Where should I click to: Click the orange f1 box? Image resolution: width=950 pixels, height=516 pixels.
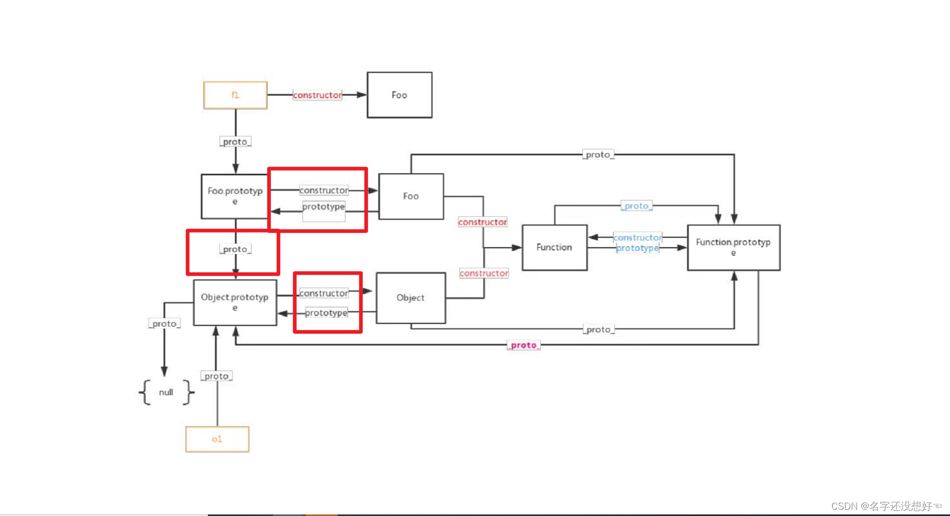tap(235, 95)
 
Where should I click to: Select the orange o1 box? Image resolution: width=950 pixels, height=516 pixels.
tap(217, 439)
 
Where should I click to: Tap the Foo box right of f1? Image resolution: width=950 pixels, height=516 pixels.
tap(399, 95)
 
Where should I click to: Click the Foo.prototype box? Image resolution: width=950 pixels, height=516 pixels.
tap(235, 196)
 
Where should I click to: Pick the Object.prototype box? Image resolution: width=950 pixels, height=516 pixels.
tap(235, 302)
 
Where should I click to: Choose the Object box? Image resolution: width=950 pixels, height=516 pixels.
tap(411, 298)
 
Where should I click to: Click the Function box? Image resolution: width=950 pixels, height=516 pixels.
tap(554, 247)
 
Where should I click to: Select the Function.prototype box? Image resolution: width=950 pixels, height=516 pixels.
tap(733, 247)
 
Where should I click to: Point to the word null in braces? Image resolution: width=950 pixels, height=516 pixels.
tap(166, 392)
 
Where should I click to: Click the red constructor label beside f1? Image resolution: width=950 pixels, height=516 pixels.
tap(317, 95)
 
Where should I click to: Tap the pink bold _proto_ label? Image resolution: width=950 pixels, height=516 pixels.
tap(524, 345)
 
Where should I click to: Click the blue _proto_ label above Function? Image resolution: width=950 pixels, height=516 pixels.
tap(636, 206)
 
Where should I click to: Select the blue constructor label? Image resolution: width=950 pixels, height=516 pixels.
tap(638, 238)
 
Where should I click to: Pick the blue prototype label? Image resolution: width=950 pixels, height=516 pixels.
tap(638, 248)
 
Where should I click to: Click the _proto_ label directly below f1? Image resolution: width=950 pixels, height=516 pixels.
tap(235, 142)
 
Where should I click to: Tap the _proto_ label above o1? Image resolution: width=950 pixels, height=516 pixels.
tap(216, 376)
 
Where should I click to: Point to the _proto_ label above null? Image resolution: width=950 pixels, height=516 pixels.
tap(164, 324)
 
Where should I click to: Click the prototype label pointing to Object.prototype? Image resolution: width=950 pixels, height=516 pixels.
tap(326, 313)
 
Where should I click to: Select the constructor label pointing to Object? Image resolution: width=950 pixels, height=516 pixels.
tap(323, 293)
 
